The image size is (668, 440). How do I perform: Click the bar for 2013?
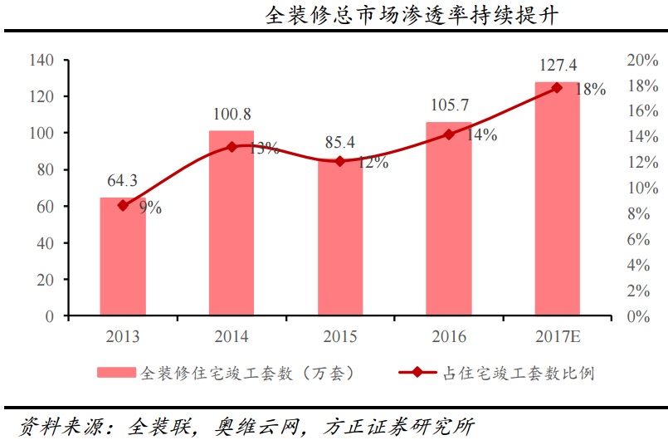tap(123, 257)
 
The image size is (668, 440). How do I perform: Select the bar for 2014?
tap(232, 224)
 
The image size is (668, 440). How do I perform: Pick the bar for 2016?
tap(449, 220)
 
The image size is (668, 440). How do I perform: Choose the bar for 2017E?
tap(557, 199)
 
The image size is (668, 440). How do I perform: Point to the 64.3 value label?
tap(122, 180)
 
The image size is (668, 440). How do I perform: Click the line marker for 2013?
tap(123, 205)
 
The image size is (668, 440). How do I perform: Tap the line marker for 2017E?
tap(557, 87)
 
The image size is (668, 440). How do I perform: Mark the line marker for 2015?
tap(340, 161)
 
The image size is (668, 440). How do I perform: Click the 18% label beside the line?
tap(590, 90)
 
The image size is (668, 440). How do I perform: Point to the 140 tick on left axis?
tap(41, 60)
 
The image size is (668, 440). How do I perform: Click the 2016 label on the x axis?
tap(449, 336)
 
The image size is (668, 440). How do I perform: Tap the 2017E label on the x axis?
tap(557, 336)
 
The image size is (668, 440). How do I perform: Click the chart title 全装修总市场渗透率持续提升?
tap(412, 16)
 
